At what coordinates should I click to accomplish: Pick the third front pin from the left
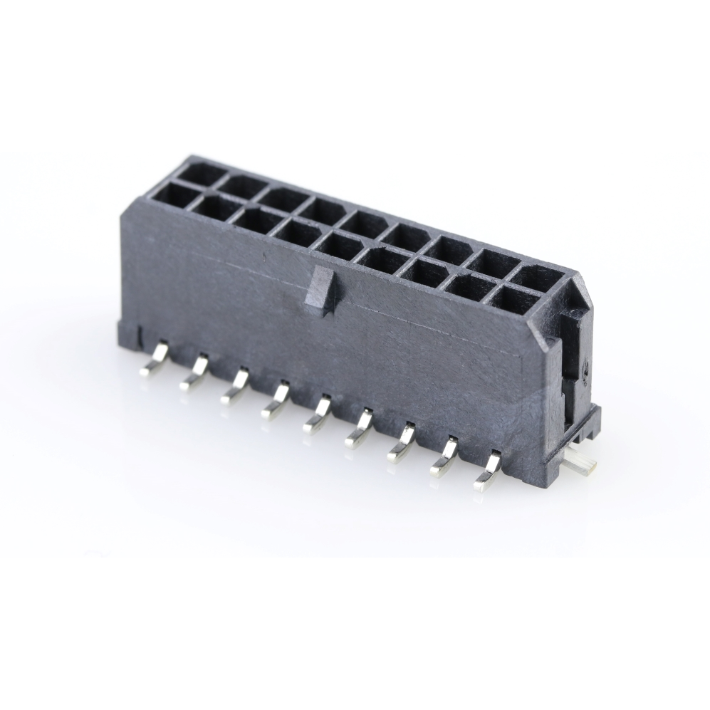point(236,387)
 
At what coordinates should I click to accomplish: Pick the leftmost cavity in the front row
point(172,194)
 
